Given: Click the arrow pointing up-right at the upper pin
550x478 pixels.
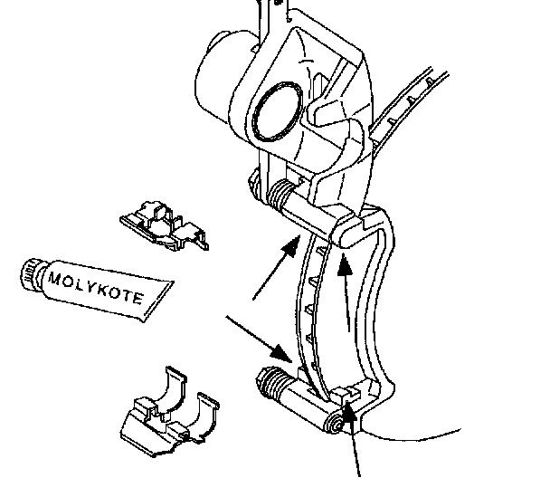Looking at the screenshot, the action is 275,268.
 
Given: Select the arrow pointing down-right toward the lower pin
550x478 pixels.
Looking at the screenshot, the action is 259,334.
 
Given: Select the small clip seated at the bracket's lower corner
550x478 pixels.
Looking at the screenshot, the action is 347,394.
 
